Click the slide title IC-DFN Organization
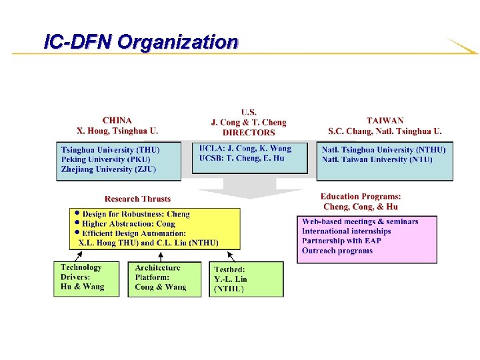pos(140,42)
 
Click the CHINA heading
pos(117,121)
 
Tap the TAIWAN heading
pos(385,121)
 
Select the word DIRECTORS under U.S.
pos(249,133)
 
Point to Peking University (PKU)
pos(105,159)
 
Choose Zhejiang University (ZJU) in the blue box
pos(108,169)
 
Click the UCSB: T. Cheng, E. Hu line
pos(241,158)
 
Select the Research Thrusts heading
pos(137,199)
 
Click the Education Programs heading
pos(361,197)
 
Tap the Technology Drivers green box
pos(83,279)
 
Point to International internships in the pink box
pos(346,231)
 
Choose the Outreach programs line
pos(337,251)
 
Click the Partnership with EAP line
pos(341,241)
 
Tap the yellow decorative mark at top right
pos(461,47)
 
